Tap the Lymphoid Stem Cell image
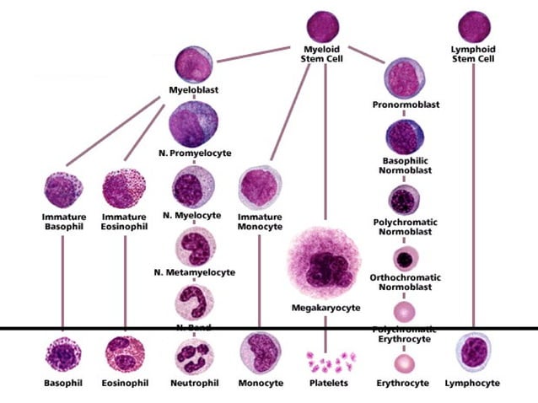(473, 25)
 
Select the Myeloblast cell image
(193, 65)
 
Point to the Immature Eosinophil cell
(125, 191)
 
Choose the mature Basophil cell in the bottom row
(62, 355)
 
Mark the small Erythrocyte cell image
(404, 363)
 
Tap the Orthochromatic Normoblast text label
(403, 282)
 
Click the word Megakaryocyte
(325, 309)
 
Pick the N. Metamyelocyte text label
(194, 272)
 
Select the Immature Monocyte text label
(259, 221)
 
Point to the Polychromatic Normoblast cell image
(403, 200)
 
